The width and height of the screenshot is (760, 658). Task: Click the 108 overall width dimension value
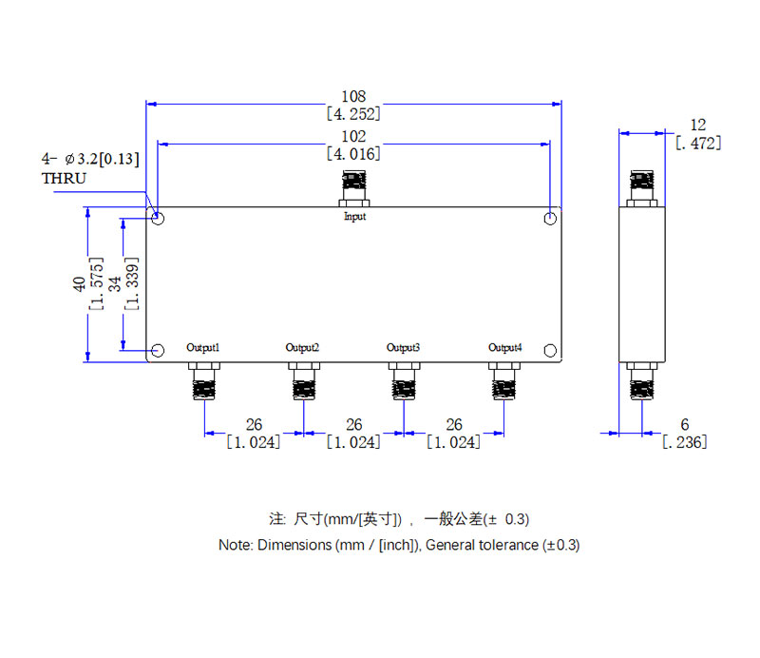click(353, 97)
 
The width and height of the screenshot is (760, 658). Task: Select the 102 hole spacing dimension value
click(353, 137)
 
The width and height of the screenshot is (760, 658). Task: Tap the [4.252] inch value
click(353, 114)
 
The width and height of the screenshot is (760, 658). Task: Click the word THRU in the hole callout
click(64, 178)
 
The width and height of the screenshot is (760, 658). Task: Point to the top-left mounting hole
click(159, 219)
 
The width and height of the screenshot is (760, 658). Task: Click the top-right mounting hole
click(550, 219)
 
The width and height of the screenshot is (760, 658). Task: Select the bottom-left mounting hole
click(159, 351)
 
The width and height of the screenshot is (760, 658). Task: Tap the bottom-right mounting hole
click(550, 351)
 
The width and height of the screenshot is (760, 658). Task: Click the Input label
click(354, 217)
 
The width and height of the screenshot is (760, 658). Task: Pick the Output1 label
click(203, 347)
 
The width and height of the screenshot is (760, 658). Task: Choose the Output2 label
click(302, 347)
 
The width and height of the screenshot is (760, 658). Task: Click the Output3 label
click(403, 347)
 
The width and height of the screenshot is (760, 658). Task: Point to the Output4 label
click(504, 347)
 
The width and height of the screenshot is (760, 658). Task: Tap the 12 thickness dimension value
click(698, 126)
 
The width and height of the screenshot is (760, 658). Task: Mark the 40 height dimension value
click(79, 285)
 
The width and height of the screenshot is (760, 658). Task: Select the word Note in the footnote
click(233, 545)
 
